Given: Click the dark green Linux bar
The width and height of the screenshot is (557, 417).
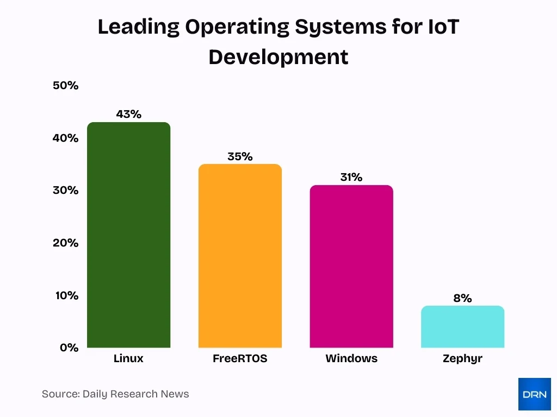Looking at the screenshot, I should pyautogui.click(x=128, y=235).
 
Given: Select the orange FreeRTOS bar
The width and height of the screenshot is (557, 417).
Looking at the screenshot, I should pyautogui.click(x=240, y=256).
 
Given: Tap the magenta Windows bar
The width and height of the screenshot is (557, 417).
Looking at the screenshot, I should pyautogui.click(x=351, y=266).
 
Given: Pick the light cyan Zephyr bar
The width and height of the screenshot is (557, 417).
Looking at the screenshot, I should pyautogui.click(x=462, y=326).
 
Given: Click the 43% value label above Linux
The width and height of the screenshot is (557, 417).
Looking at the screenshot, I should pyautogui.click(x=128, y=114).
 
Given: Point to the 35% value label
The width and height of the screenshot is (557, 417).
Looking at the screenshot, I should pyautogui.click(x=240, y=156).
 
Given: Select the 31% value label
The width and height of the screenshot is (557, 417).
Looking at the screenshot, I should pyautogui.click(x=351, y=177).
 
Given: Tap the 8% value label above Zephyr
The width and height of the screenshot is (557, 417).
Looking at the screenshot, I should pyautogui.click(x=462, y=298).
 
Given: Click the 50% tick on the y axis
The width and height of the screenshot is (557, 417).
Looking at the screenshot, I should pyautogui.click(x=66, y=86).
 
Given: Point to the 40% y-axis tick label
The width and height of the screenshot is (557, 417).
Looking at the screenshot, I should pyautogui.click(x=66, y=138).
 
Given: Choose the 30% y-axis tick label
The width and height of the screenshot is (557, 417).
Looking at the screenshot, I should pyautogui.click(x=66, y=191).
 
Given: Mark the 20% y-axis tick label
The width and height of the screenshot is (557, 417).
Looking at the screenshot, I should pyautogui.click(x=66, y=243).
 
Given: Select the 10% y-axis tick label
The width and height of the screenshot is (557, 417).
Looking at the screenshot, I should pyautogui.click(x=66, y=295).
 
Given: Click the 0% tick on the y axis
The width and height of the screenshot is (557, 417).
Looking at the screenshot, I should pyautogui.click(x=69, y=347).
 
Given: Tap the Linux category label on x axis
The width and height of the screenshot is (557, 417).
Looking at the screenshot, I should pyautogui.click(x=128, y=359).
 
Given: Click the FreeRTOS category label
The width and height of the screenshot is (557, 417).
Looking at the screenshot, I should pyautogui.click(x=240, y=359).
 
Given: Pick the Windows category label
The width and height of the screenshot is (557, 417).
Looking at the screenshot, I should pyautogui.click(x=351, y=359).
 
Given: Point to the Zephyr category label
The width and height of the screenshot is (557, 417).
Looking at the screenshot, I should pyautogui.click(x=462, y=359).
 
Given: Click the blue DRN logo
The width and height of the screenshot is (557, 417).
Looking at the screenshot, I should pyautogui.click(x=534, y=394).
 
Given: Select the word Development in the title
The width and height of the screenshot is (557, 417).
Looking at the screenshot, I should pyautogui.click(x=278, y=56).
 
